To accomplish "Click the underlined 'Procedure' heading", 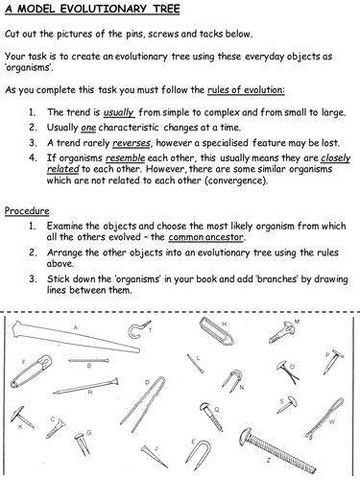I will click(x=28, y=237).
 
